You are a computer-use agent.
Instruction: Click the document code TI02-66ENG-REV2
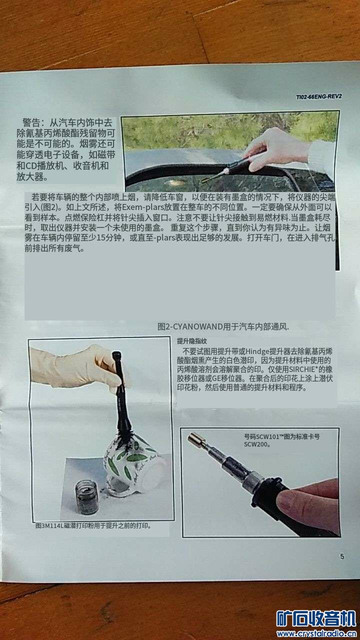pyautogui.click(x=319, y=96)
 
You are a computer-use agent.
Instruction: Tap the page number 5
pyautogui.click(x=342, y=556)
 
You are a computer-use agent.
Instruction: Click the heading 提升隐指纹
pyautogui.click(x=191, y=341)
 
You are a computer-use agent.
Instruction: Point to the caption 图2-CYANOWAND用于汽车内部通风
pyautogui.click(x=223, y=326)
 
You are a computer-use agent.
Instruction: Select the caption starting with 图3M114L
pyautogui.click(x=93, y=525)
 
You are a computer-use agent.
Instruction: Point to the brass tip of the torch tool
pyautogui.click(x=195, y=438)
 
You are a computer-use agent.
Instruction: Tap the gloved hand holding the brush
pyautogui.click(x=77, y=367)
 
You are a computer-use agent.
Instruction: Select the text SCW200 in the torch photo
pyautogui.click(x=256, y=444)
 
